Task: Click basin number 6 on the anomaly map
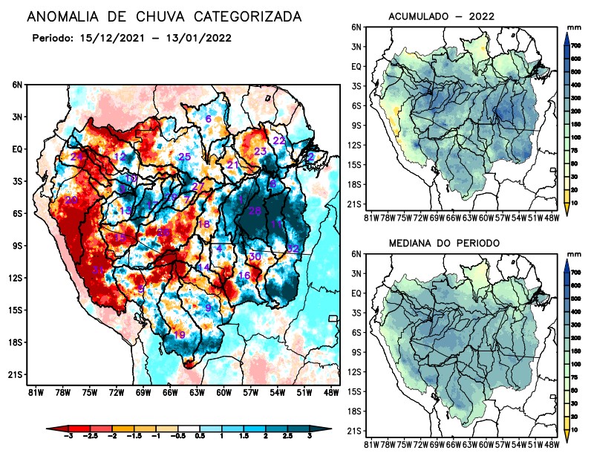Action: coord(209,120)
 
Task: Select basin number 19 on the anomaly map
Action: coord(180,336)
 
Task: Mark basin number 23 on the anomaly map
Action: coord(260,152)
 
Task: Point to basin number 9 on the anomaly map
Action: coord(209,307)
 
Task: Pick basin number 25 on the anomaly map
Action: coord(185,157)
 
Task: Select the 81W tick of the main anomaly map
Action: coord(34,392)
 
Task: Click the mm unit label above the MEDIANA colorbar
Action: coord(572,255)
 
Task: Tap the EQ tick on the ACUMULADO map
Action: coord(357,66)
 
